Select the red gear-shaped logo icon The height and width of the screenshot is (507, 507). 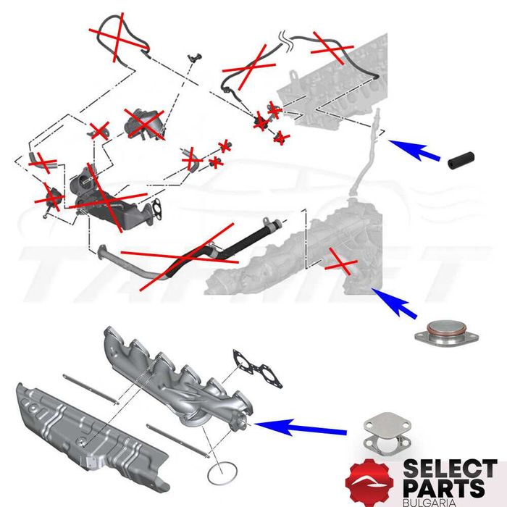pyautogui.click(x=370, y=479)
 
